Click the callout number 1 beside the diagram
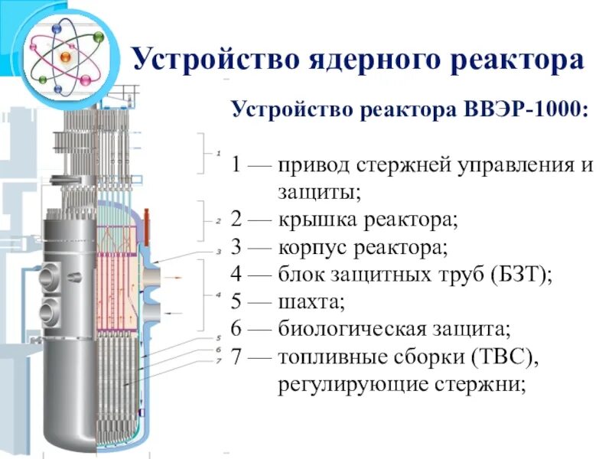pos(218,151)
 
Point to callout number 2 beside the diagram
pos(218,220)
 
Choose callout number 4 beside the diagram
pos(218,294)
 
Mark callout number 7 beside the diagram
pos(218,360)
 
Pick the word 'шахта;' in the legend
pos(311,303)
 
